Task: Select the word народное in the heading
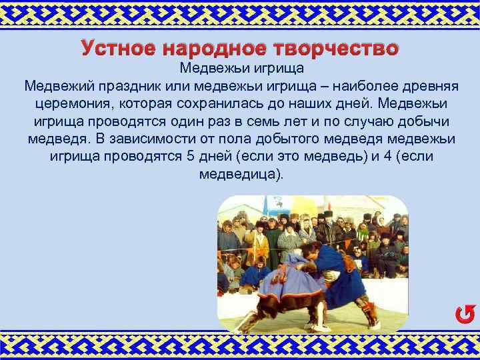[213, 48]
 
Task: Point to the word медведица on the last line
[240, 175]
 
